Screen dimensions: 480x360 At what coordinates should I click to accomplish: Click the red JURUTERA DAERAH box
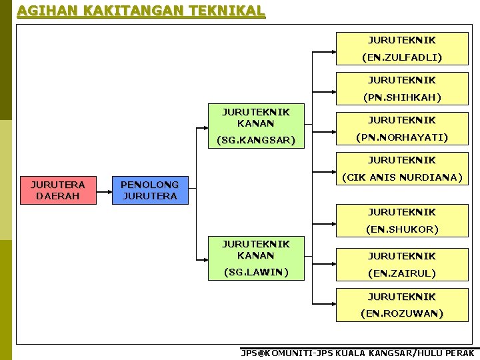point(58,190)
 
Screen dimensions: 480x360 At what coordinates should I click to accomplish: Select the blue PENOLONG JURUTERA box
point(150,190)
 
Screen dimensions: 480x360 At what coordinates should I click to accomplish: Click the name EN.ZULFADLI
point(402,57)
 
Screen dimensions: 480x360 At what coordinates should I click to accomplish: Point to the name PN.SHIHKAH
point(402,97)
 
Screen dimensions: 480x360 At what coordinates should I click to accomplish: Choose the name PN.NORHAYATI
point(402,137)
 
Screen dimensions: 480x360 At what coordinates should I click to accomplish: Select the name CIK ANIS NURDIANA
point(402,177)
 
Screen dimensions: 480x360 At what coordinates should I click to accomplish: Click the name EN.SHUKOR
point(402,229)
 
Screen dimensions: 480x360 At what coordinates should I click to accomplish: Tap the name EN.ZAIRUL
point(402,273)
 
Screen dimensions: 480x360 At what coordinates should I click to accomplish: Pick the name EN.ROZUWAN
point(402,313)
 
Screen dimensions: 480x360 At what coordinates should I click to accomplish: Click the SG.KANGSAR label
point(256,141)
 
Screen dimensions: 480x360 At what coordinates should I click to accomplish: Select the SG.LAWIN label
point(256,272)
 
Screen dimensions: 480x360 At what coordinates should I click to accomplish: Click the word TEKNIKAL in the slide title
point(227,11)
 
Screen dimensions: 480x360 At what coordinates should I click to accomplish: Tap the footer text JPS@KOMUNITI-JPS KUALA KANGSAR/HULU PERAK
point(358,353)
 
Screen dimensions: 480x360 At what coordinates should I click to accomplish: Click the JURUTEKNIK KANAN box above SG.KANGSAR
point(256,117)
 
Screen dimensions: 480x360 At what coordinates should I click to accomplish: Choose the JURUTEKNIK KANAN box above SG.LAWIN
point(256,249)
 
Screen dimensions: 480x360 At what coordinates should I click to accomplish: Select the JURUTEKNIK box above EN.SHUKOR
point(402,212)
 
